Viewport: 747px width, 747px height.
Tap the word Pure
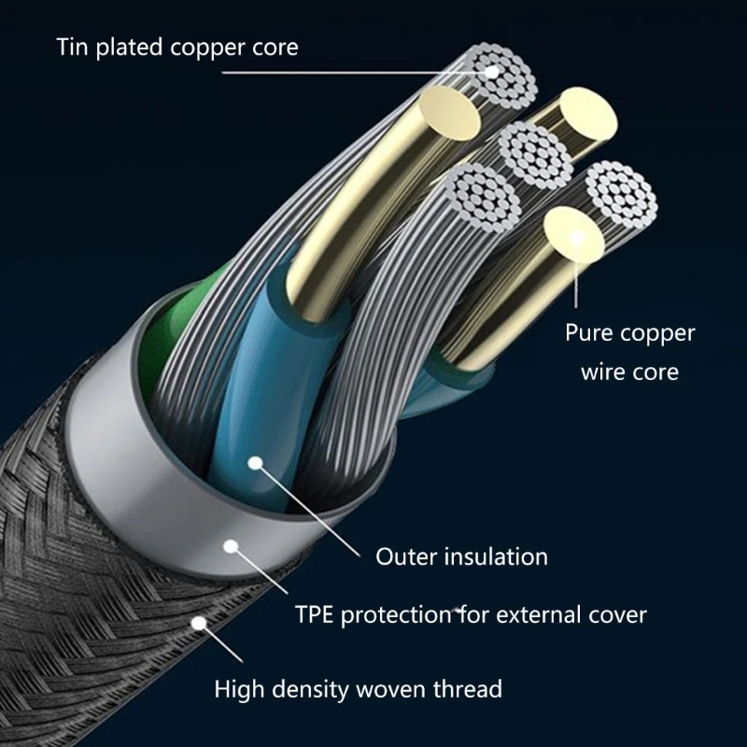coord(590,333)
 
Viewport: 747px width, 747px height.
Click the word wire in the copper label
coord(603,372)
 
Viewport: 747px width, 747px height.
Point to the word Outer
coord(403,557)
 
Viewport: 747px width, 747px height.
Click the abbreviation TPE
coord(316,615)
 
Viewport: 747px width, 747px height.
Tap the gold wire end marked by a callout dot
coord(576,237)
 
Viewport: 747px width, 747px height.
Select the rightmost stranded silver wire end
coord(622,196)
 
